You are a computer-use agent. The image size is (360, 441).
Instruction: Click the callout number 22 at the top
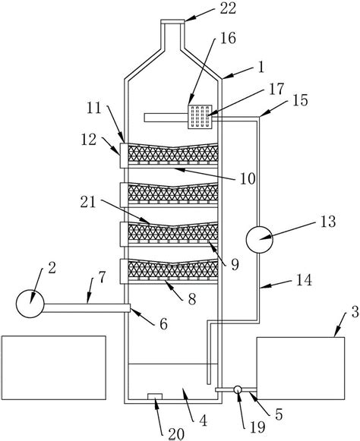(228, 8)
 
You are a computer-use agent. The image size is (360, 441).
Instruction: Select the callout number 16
(228, 38)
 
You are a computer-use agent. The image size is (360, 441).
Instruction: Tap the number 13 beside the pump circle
(328, 222)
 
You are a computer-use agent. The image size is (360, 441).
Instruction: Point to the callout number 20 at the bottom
(176, 434)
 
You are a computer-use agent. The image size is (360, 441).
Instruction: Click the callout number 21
(88, 202)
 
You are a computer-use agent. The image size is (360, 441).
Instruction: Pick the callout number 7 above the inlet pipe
(102, 277)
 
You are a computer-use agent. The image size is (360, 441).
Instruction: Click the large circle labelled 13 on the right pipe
(259, 239)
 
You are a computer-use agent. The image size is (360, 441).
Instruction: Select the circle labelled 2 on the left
(30, 304)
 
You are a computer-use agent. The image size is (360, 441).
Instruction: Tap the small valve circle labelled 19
(238, 389)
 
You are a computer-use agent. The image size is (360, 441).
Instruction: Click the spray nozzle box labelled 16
(200, 117)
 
